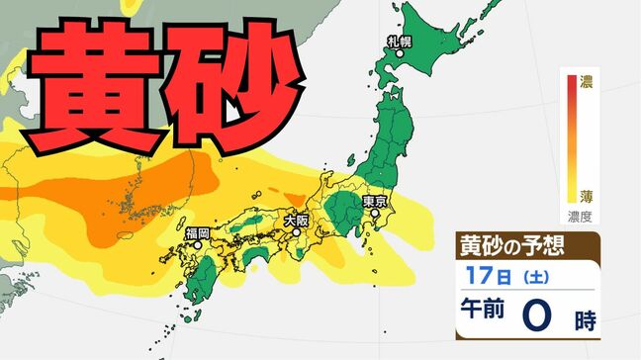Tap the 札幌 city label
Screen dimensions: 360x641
(x=399, y=43)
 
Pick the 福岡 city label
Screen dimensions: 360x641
(x=198, y=234)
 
